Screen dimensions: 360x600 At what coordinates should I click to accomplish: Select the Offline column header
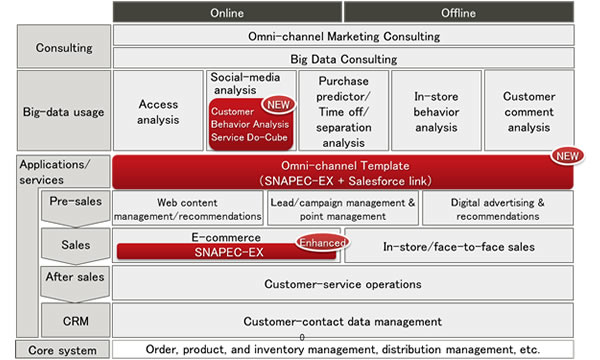tap(458, 12)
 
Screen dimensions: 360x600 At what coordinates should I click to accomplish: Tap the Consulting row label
tap(64, 47)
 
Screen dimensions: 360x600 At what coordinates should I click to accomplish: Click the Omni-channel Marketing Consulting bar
tap(343, 36)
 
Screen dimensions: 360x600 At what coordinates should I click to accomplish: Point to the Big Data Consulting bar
tap(343, 59)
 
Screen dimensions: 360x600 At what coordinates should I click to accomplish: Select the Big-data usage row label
tap(62, 111)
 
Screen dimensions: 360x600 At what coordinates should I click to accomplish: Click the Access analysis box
tap(158, 111)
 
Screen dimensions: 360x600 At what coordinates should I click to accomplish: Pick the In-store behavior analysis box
tap(435, 111)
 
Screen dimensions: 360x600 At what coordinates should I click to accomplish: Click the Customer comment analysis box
tap(529, 111)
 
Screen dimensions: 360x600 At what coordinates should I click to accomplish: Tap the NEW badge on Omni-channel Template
tap(564, 157)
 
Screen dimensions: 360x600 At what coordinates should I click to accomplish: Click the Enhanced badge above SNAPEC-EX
tap(320, 242)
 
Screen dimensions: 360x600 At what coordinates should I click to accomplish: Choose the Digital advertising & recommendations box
tap(497, 208)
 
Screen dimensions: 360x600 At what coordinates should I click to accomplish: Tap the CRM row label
tap(77, 321)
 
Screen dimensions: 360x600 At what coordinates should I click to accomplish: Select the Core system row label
tap(62, 350)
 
